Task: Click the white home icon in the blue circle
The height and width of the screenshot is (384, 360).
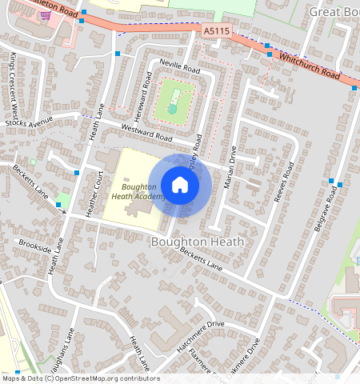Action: (x=180, y=186)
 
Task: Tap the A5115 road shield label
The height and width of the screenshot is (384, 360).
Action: (x=215, y=30)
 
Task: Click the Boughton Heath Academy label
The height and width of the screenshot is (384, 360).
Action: (x=137, y=190)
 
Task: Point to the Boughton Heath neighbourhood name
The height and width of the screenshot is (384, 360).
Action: (x=197, y=240)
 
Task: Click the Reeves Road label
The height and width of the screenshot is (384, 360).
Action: (x=285, y=182)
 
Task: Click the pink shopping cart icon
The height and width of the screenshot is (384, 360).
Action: (x=46, y=15)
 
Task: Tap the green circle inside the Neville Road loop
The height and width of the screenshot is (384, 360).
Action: (x=173, y=109)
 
